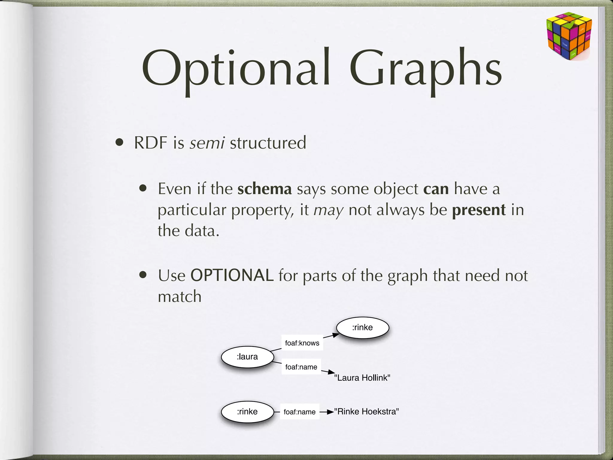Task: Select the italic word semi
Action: [x=207, y=143]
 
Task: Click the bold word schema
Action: [x=264, y=189]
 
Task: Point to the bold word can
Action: [x=436, y=189]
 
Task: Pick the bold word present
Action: [x=479, y=210]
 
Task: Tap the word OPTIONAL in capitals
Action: [x=232, y=275]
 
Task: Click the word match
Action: [x=180, y=297]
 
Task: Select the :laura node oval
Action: [x=248, y=357]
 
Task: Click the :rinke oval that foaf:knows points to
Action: [x=362, y=328]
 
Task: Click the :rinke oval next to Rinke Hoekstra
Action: [x=248, y=412]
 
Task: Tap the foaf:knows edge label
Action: [x=302, y=343]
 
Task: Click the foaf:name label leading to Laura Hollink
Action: [x=301, y=367]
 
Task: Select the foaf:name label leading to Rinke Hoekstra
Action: [x=300, y=412]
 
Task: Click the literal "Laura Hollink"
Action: [x=362, y=378]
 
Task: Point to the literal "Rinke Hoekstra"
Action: [x=366, y=412]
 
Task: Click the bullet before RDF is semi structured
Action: [x=119, y=143]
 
